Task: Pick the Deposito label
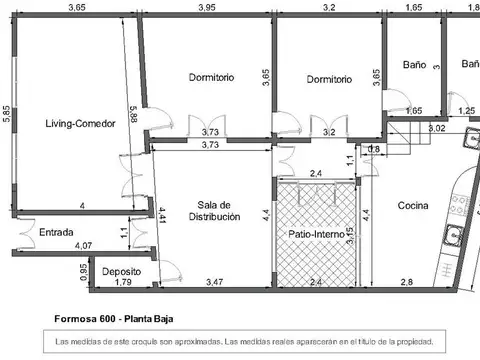[119, 271]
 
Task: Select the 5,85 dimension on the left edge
[6, 114]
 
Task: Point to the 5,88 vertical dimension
[133, 114]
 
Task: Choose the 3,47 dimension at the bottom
[214, 283]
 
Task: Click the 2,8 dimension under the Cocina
[407, 283]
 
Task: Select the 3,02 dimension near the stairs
[436, 128]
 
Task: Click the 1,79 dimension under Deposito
[122, 283]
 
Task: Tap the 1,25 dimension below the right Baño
[466, 111]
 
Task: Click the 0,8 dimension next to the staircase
[374, 150]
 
